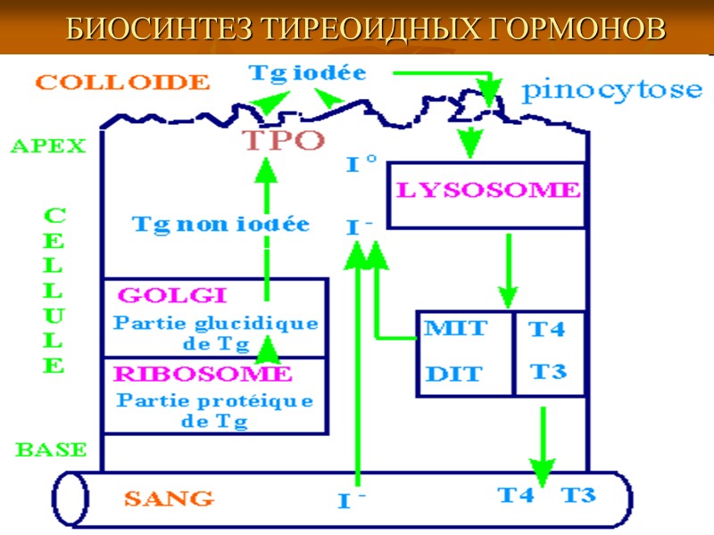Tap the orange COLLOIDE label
pos(122,82)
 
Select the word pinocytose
pos(611,89)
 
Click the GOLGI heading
pos(172,295)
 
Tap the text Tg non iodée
pos(220,224)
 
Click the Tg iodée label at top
pos(307,73)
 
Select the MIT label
pos(455,328)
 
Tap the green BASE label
pos(50,449)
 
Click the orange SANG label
pos(168,497)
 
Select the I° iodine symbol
pos(360,165)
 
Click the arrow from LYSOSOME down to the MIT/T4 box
pos(508,267)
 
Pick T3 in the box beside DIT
pos(547,371)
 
